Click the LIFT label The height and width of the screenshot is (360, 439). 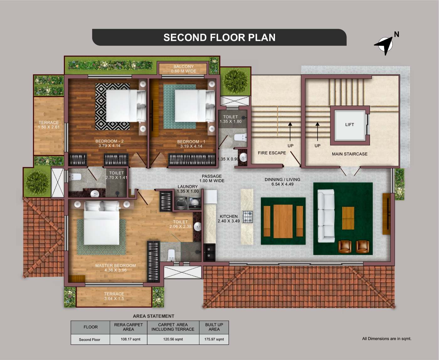pos(350,124)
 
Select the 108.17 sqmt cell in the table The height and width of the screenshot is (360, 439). pos(130,339)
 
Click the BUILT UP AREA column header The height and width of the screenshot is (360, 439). pos(214,327)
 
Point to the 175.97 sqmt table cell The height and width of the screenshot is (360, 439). pos(214,339)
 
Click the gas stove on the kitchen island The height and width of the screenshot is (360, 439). pos(248,217)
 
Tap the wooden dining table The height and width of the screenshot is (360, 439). pos(283,221)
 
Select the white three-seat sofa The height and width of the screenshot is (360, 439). pos(326,216)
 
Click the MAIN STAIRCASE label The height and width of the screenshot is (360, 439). pos(350,154)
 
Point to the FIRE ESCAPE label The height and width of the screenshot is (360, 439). pos(272,153)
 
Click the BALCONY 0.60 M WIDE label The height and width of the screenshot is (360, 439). pos(183,69)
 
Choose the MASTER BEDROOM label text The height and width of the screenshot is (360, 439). pos(115,266)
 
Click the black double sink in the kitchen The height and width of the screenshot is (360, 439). pos(209,252)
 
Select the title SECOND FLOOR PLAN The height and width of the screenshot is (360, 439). pos(219,38)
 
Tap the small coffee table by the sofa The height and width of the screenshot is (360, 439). pos(348,218)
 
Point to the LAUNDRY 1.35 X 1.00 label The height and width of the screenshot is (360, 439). pos(188,189)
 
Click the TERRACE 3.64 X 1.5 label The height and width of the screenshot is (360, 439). pos(114,296)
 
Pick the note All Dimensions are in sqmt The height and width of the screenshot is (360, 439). pos(387,339)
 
